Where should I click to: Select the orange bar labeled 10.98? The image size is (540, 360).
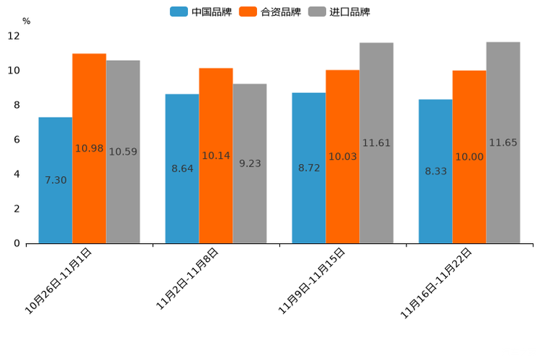pyautogui.click(x=89, y=148)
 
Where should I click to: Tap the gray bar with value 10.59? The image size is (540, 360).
pyautogui.click(x=123, y=152)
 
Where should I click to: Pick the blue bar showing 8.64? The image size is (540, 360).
pyautogui.click(x=182, y=168)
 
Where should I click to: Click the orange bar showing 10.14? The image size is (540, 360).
pyautogui.click(x=216, y=155)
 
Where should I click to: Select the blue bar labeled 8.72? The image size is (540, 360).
pyautogui.click(x=308, y=168)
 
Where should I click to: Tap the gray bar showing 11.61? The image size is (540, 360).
pyautogui.click(x=376, y=143)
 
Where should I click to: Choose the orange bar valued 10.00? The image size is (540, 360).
pyautogui.click(x=469, y=157)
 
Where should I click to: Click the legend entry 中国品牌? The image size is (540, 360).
pyautogui.click(x=201, y=12)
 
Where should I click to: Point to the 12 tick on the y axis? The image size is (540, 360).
pyautogui.click(x=14, y=36)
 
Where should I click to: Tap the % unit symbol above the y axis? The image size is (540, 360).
pyautogui.click(x=26, y=21)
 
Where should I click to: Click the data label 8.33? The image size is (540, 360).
pyautogui.click(x=435, y=171)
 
